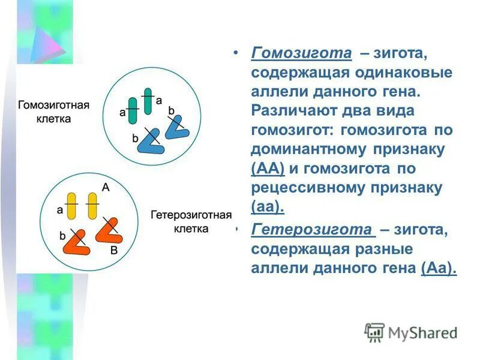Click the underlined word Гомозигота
[x=301, y=53]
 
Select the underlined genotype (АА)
[x=268, y=168]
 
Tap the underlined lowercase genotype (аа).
[x=268, y=207]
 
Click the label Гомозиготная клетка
[x=54, y=112]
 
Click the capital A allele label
[x=106, y=187]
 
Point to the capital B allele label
[x=114, y=253]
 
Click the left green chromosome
[x=133, y=111]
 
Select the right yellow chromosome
[x=92, y=205]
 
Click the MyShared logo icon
[x=375, y=332]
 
